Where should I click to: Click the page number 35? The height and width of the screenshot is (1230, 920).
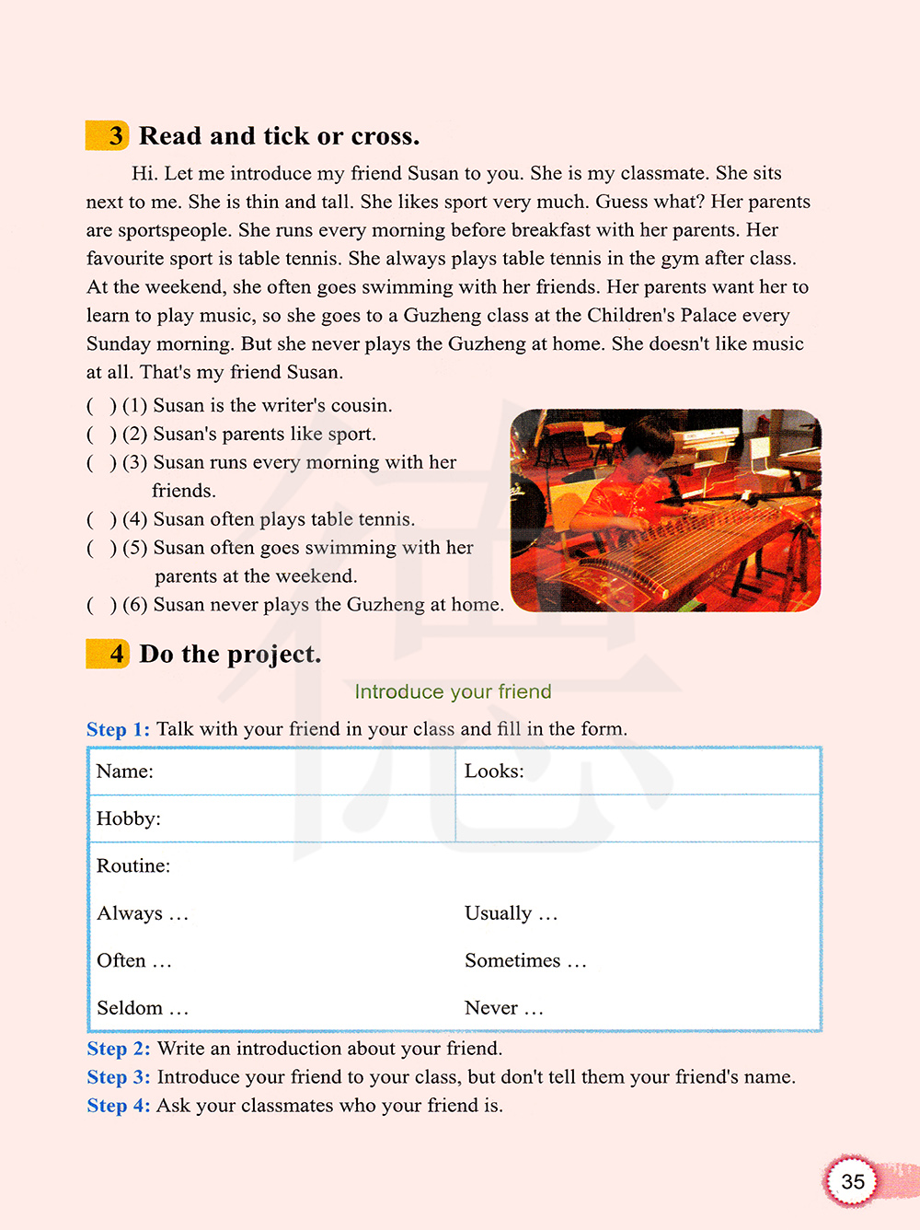click(x=853, y=1181)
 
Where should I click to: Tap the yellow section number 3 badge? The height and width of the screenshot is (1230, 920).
click(x=109, y=135)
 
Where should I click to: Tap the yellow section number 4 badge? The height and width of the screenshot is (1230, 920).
click(x=109, y=654)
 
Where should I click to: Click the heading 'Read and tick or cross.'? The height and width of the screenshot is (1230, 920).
click(x=279, y=136)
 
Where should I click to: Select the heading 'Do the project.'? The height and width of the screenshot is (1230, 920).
click(x=230, y=655)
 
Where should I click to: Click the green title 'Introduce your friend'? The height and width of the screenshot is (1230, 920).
click(x=453, y=691)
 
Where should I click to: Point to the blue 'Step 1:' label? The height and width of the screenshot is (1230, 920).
click(x=118, y=729)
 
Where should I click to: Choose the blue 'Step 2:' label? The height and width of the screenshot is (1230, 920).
click(x=118, y=1049)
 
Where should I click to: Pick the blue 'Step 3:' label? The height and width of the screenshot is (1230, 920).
click(x=118, y=1077)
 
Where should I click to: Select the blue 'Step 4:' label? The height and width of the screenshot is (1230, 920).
click(x=118, y=1106)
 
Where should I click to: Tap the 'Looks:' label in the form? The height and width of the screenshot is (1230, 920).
click(x=494, y=772)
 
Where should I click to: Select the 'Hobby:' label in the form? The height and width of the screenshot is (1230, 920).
click(x=128, y=818)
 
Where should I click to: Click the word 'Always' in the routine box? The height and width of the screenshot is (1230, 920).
click(x=130, y=913)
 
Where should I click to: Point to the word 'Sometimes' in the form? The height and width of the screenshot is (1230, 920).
click(x=512, y=961)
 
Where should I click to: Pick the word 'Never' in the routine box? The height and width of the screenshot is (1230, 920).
click(x=491, y=1008)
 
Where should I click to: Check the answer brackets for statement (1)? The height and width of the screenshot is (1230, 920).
click(x=101, y=406)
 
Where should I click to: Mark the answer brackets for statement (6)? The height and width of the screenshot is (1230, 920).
click(x=101, y=605)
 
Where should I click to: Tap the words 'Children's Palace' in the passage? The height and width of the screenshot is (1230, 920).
click(x=661, y=316)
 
